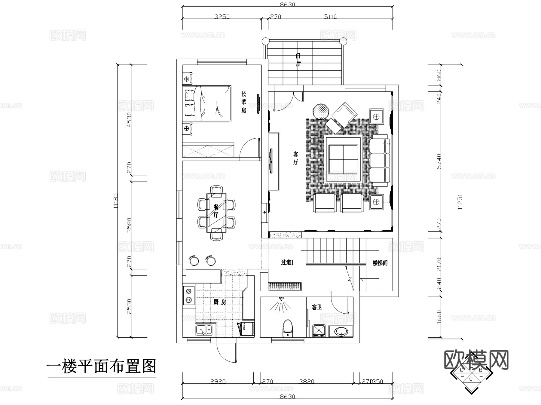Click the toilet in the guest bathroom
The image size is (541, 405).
point(288,328)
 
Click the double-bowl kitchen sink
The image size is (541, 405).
point(204,330)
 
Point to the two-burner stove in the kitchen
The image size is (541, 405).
point(188,295)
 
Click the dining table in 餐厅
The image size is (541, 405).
point(216,213)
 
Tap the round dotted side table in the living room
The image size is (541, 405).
point(321,112)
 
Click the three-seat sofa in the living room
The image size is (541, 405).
point(380,161)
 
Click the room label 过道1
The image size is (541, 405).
point(287,262)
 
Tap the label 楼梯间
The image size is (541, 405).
point(380,263)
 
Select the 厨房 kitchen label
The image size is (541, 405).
point(220,302)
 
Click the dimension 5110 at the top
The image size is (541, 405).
point(330,17)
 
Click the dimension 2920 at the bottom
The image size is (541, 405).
point(218,382)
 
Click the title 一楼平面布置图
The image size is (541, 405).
point(101,367)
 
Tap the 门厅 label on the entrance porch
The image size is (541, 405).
point(298,60)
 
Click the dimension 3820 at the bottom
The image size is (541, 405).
point(307,382)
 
